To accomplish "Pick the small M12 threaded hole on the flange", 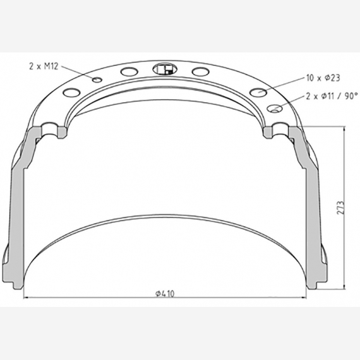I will click(97, 80).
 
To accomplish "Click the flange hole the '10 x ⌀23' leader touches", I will click(258, 92).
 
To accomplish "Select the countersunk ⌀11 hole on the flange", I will click(276, 107).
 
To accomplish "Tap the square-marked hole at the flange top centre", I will click(164, 69).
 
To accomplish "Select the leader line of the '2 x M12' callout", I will click(79, 72).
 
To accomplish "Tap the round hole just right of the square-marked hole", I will click(200, 71).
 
